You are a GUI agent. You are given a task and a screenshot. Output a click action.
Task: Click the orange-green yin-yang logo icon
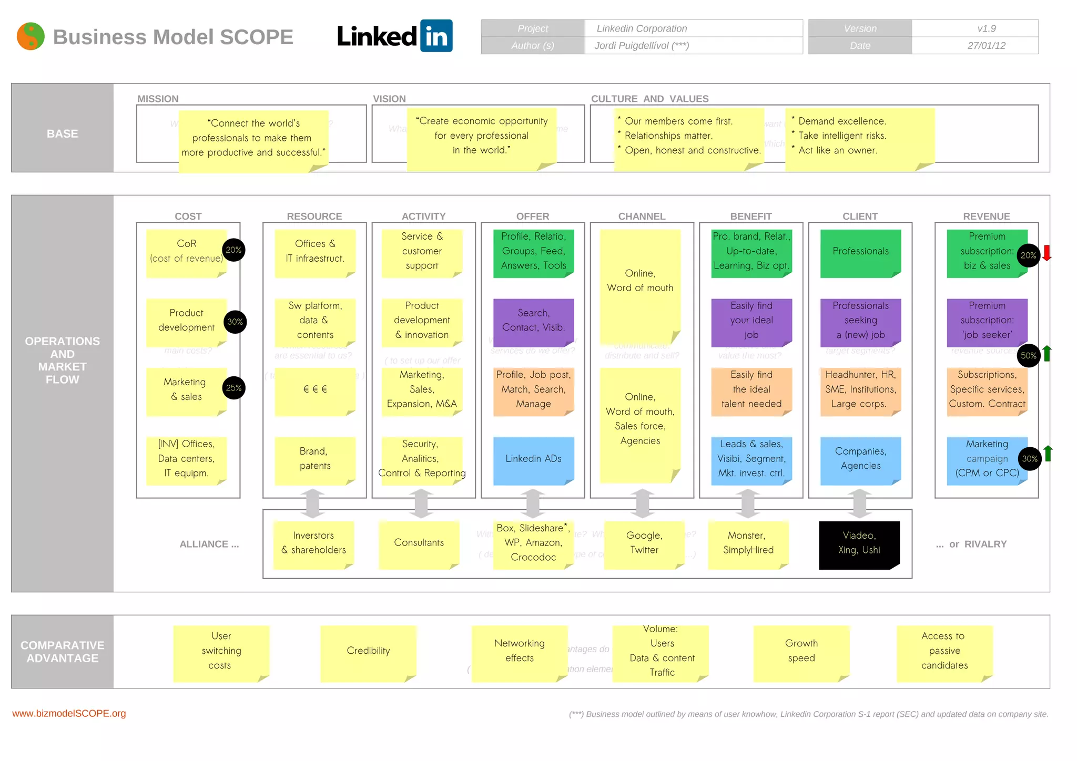coord(31,36)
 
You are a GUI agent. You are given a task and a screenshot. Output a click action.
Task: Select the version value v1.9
coord(986,28)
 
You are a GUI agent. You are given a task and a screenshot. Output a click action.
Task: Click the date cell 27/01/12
coord(986,46)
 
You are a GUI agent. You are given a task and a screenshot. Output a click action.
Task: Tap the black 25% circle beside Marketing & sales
coord(233,388)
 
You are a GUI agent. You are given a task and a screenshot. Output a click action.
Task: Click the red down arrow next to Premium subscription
coord(1046,253)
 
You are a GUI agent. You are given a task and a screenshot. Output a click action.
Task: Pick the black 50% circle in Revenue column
coord(1028,355)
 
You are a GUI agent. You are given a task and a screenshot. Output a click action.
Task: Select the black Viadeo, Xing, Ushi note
coord(859,544)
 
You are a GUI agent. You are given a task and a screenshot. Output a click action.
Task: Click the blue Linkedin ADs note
coord(533,459)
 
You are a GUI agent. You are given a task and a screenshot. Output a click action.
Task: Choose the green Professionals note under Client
coord(860,252)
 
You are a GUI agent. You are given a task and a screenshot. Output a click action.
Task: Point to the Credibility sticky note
coord(368,651)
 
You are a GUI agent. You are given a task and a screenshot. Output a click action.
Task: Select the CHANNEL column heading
coord(642,216)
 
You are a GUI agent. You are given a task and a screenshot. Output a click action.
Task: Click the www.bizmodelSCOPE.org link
coord(69,713)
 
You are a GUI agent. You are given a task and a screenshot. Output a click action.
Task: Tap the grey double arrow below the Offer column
coord(533,503)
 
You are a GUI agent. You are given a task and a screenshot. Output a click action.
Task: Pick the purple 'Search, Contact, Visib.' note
coord(533,321)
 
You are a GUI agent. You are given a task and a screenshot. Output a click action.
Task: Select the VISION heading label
coord(389,99)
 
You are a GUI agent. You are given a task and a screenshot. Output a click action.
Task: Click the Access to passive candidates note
coord(944,651)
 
